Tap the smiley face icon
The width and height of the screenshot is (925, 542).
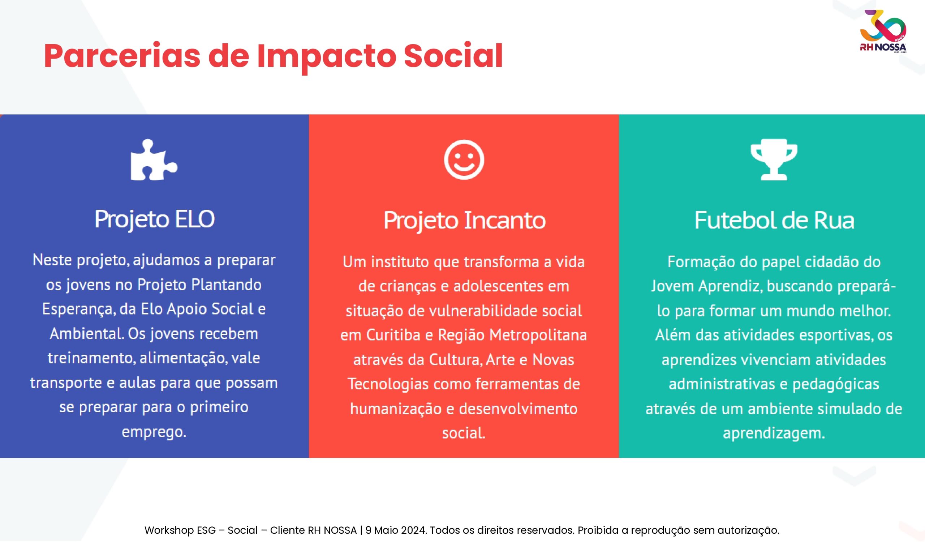coord(464,159)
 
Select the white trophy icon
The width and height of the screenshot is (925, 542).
coord(774,160)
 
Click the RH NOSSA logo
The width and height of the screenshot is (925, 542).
coord(883,32)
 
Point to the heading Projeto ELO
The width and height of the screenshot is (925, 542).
coord(155,219)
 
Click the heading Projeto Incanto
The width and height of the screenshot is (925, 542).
coord(464,220)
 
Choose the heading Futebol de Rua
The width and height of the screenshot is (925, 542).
coord(774,220)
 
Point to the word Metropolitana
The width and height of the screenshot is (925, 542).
coord(538,335)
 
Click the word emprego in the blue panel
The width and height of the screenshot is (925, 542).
coord(154,432)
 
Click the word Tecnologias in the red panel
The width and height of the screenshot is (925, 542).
coord(388,384)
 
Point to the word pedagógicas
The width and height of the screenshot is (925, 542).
coord(836,384)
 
